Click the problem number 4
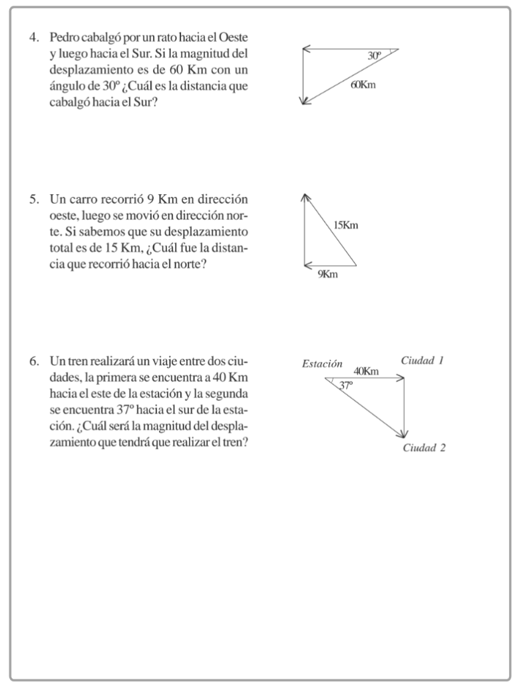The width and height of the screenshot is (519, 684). [x=33, y=37]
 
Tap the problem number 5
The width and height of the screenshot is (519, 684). [x=33, y=199]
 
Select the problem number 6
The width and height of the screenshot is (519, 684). [x=33, y=362]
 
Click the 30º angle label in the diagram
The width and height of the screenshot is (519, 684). [x=375, y=56]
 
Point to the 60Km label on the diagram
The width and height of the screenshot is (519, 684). [x=363, y=85]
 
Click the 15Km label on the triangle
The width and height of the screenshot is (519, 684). [x=345, y=225]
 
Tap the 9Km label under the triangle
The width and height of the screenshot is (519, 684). [x=327, y=275]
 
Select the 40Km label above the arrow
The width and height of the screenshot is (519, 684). [x=366, y=371]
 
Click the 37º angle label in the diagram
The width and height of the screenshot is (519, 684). [x=345, y=385]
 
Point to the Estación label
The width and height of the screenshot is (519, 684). [x=322, y=364]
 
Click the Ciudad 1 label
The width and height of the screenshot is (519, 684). [x=422, y=361]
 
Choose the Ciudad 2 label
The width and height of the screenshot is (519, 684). [x=423, y=448]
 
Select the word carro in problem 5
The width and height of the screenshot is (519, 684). [x=86, y=199]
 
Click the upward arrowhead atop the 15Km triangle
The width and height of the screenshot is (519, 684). [x=305, y=196]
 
